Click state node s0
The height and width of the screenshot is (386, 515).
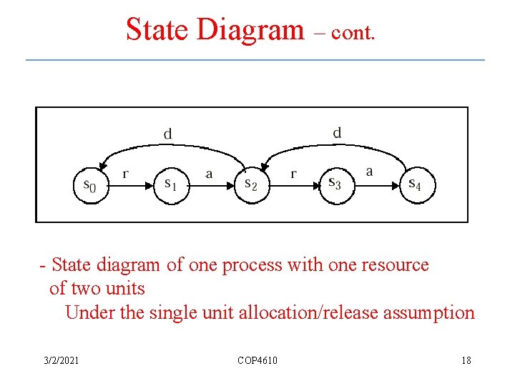coord(91,185)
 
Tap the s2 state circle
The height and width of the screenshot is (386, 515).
coord(252,185)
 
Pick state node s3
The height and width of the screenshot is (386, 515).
coord(335,185)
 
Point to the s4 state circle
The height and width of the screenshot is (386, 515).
coord(416,185)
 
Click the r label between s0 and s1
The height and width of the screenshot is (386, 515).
coord(126,173)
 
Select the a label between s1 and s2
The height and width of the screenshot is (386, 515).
coord(209,174)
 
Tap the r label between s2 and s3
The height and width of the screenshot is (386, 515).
coord(293,174)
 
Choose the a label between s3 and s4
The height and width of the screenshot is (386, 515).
coord(369,172)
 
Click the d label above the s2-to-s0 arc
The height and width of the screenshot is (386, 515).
coord(167,134)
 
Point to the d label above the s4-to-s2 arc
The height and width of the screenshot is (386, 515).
coord(337,132)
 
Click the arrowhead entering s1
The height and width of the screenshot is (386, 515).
coord(149,185)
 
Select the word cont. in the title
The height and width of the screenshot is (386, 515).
coord(352,33)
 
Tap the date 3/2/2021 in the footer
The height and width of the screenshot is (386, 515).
coord(62,360)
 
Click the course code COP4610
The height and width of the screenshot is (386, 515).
coord(257,360)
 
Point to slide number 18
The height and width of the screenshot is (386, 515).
coord(466,360)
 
